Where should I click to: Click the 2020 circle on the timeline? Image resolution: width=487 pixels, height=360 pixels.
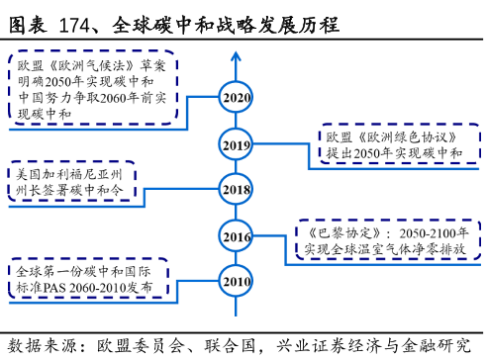coord(237,98)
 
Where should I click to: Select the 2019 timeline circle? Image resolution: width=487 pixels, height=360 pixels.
coord(237,145)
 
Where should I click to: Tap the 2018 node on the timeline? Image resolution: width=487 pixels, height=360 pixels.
coord(237,190)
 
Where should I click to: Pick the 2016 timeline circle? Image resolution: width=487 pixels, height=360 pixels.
coord(237,237)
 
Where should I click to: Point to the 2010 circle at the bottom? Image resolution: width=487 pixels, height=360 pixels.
coord(237,282)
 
